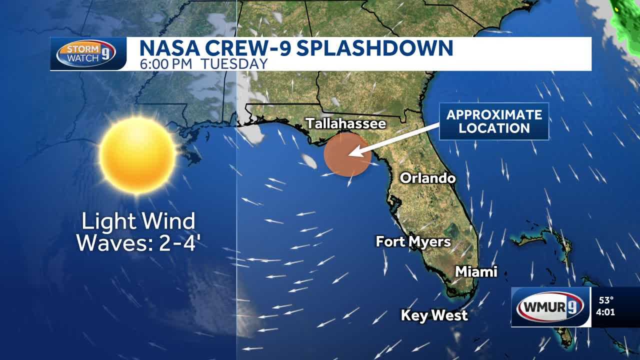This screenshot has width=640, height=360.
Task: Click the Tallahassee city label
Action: (x=346, y=123)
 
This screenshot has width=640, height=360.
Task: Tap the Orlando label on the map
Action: (x=427, y=178)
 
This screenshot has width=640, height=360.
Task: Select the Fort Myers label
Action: (x=413, y=242)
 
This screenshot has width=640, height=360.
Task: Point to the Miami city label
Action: (x=475, y=271)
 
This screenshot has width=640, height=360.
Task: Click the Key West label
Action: (x=434, y=315)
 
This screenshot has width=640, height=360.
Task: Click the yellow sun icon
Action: (x=137, y=155)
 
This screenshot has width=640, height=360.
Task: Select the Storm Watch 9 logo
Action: (x=85, y=53)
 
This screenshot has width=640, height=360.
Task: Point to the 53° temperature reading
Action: (x=606, y=300)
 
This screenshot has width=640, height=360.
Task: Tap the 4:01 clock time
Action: (x=606, y=313)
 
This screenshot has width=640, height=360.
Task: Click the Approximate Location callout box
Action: (x=493, y=121)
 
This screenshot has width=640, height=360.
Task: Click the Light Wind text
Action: (x=138, y=220)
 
